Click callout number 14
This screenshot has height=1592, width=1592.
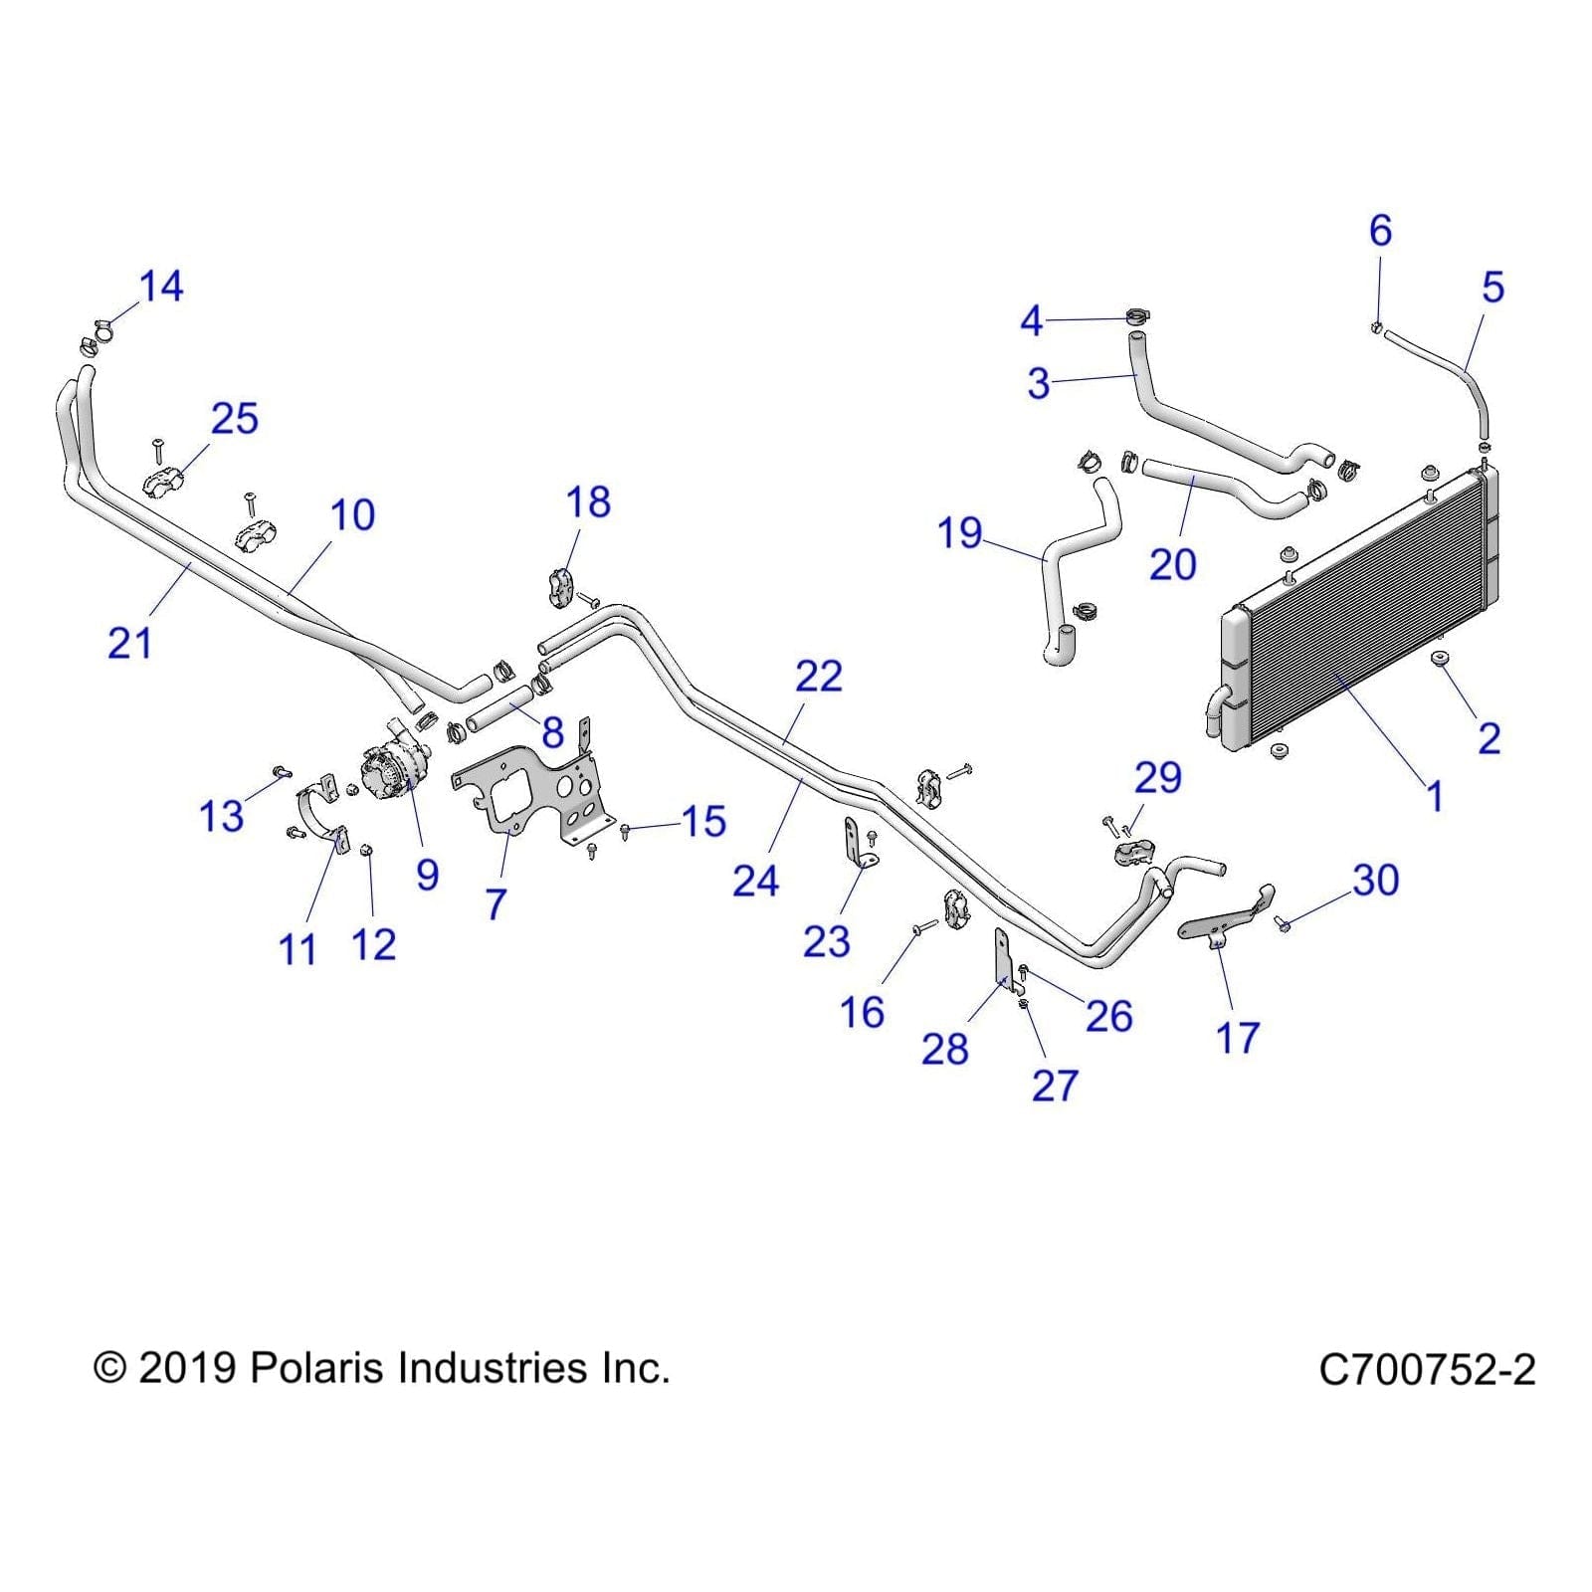pyautogui.click(x=160, y=287)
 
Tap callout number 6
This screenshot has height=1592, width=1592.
pyautogui.click(x=1379, y=231)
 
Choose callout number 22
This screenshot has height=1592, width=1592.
pyautogui.click(x=818, y=677)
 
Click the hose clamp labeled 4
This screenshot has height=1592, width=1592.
pyautogui.click(x=1137, y=317)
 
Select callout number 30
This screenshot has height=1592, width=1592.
pyautogui.click(x=1375, y=880)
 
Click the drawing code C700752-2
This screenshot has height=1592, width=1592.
pyautogui.click(x=1426, y=1370)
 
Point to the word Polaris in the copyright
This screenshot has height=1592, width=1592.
pyautogui.click(x=316, y=1368)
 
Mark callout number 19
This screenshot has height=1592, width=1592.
pyautogui.click(x=959, y=534)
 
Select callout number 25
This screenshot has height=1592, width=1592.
pyautogui.click(x=234, y=419)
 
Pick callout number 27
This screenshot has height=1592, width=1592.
pyautogui.click(x=1055, y=1086)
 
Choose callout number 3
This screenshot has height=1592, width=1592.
pyautogui.click(x=1038, y=383)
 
